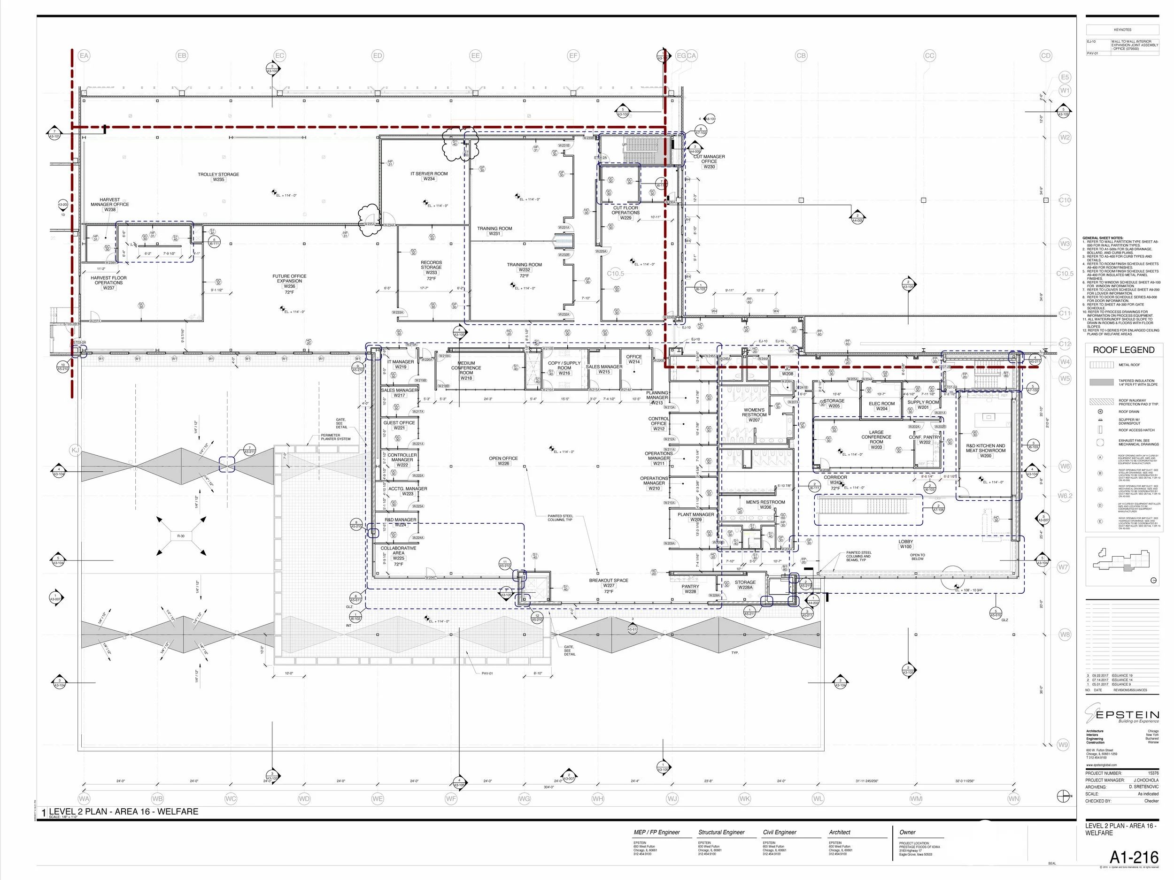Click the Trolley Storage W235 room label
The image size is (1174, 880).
pyautogui.click(x=218, y=176)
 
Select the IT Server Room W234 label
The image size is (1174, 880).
pyautogui.click(x=429, y=176)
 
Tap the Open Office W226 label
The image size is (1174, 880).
pyautogui.click(x=503, y=460)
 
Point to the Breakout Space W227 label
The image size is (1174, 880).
pyautogui.click(x=608, y=582)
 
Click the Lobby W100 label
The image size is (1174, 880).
pyautogui.click(x=905, y=543)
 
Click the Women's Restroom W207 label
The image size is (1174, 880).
pyautogui.click(x=754, y=414)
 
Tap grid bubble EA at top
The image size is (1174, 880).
pyautogui.click(x=84, y=56)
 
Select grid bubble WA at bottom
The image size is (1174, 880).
pyautogui.click(x=84, y=798)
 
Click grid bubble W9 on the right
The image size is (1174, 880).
pyautogui.click(x=1063, y=745)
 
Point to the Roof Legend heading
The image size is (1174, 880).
pyautogui.click(x=1123, y=350)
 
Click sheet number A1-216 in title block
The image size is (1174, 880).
pyautogui.click(x=1133, y=858)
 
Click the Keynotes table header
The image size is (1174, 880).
pyautogui.click(x=1122, y=30)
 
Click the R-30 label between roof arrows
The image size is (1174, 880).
pyautogui.click(x=181, y=536)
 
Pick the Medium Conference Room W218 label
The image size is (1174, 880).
pyautogui.click(x=466, y=370)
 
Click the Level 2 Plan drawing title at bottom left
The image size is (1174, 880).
pyautogui.click(x=123, y=811)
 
